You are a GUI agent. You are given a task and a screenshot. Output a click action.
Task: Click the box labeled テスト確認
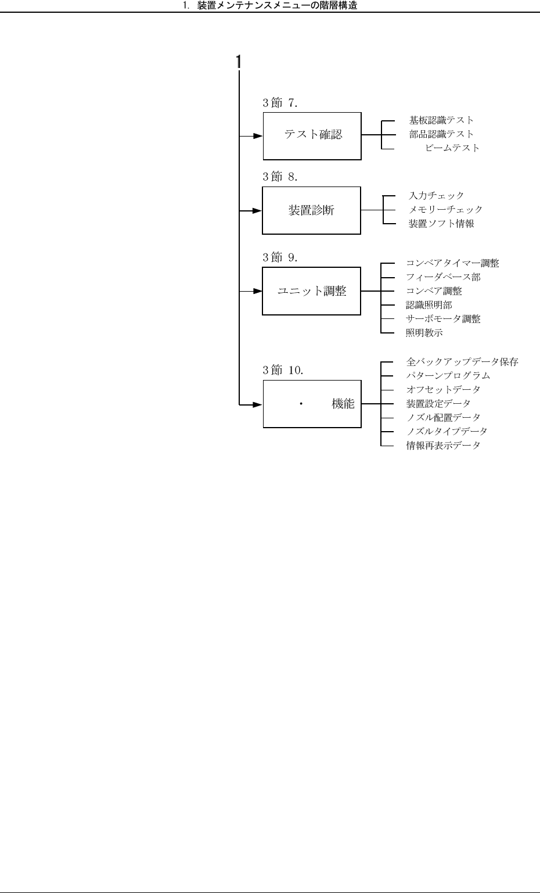click(312, 136)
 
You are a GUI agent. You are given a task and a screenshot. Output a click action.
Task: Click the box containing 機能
click(312, 404)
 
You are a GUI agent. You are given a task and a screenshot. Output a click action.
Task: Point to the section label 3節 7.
click(280, 103)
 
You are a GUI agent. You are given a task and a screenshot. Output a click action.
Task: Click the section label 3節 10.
click(283, 370)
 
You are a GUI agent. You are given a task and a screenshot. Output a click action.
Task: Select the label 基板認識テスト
click(441, 120)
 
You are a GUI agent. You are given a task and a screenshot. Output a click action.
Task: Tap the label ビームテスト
click(452, 148)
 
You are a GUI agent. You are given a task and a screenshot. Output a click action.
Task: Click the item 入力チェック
click(436, 196)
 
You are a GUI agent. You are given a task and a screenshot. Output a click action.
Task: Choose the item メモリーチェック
click(445, 210)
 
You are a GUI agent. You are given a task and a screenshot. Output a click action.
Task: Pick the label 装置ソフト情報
click(441, 224)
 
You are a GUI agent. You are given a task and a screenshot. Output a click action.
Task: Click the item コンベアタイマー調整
click(452, 263)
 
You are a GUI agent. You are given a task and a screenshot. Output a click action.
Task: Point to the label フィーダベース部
click(443, 277)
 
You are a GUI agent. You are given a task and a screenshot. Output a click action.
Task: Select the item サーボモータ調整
click(443, 319)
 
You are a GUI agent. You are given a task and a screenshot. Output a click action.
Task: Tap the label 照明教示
click(424, 333)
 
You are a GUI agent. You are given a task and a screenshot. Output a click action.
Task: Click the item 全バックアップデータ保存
click(462, 362)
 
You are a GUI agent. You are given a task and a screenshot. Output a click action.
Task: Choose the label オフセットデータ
click(443, 389)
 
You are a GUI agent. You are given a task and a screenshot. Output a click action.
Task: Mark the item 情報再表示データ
click(443, 446)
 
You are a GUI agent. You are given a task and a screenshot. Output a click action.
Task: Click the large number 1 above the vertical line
click(238, 62)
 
